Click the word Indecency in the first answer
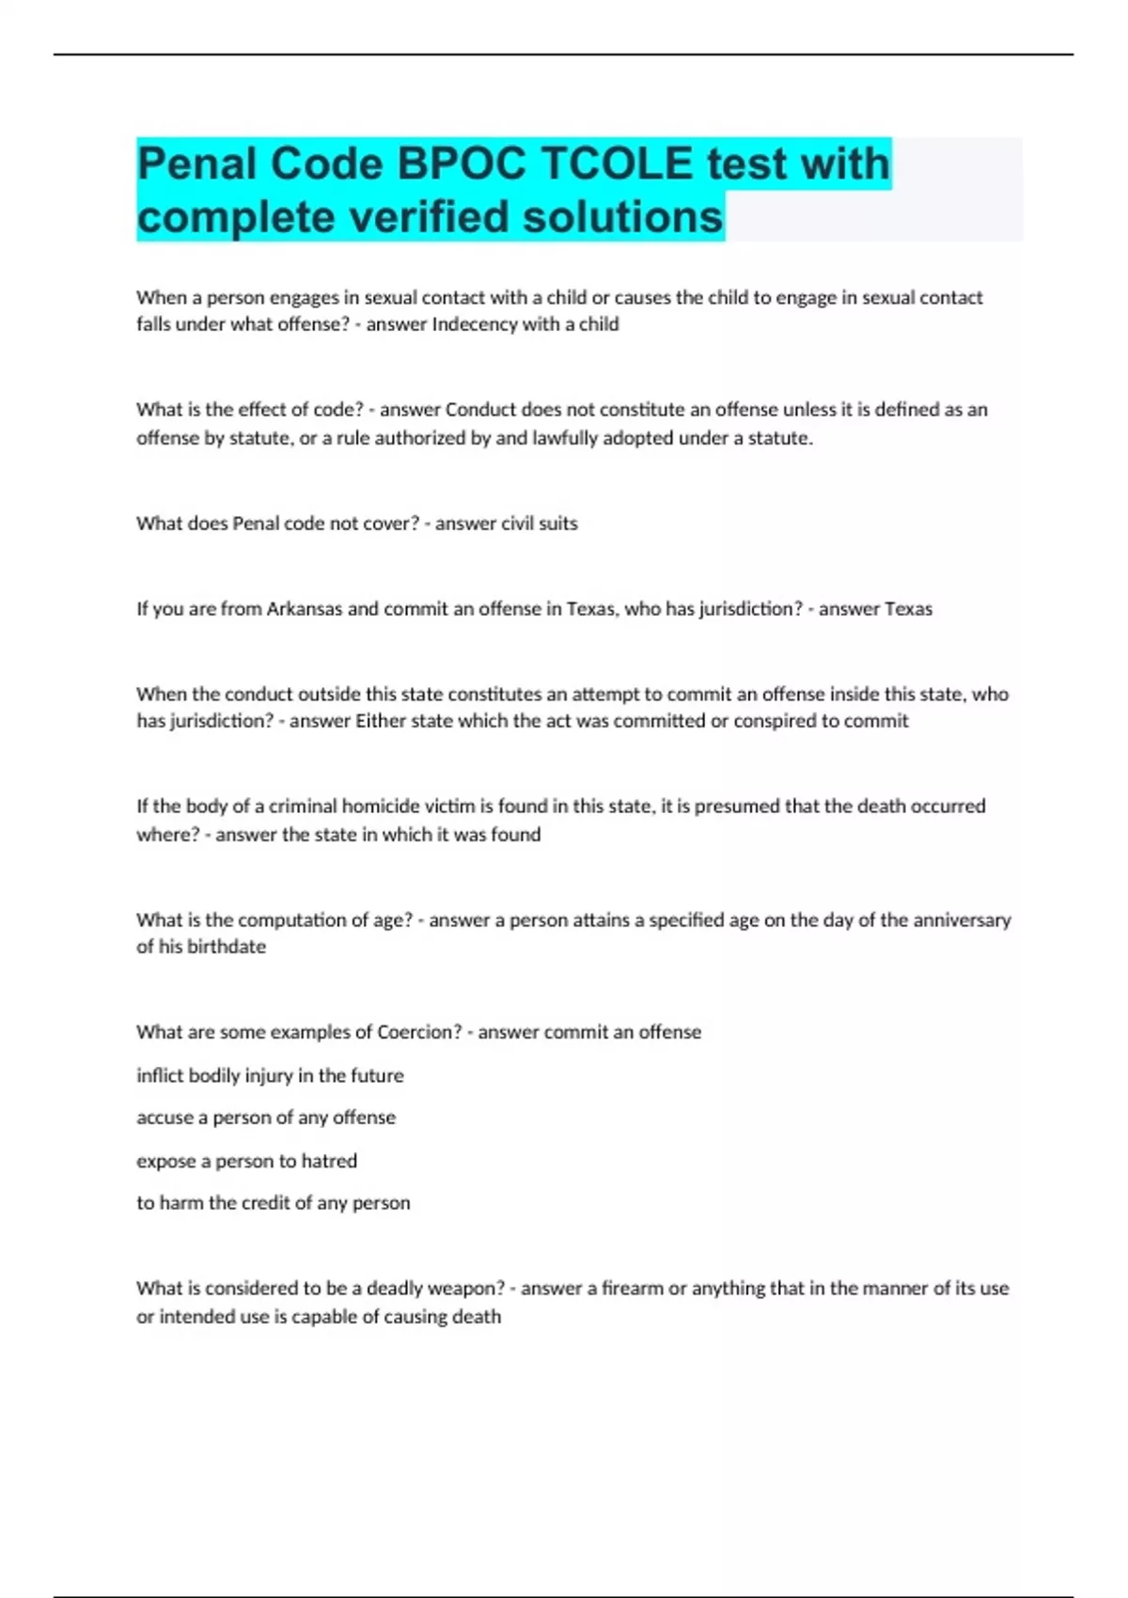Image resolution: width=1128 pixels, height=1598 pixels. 476,324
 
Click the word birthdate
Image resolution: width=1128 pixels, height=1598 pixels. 227,947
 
